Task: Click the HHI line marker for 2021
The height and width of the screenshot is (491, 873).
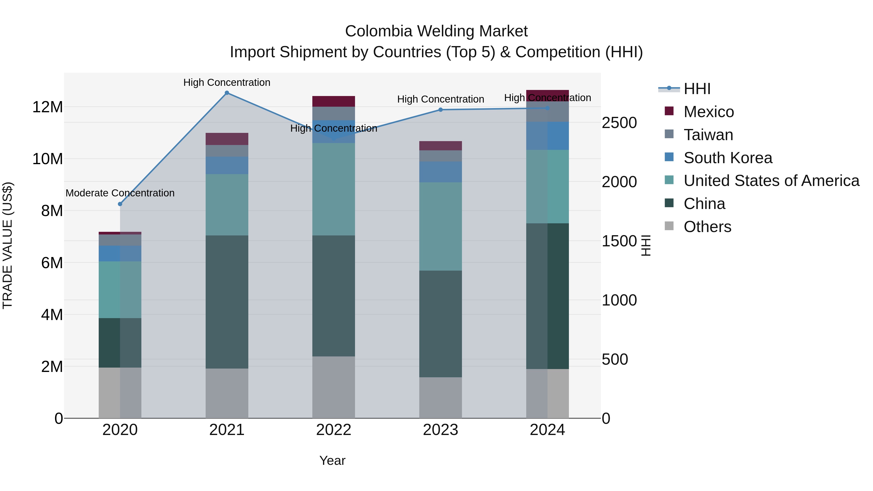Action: pyautogui.click(x=227, y=93)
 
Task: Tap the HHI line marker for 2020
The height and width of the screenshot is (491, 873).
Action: pyautogui.click(x=120, y=204)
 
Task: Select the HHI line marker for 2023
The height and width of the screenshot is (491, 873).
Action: pyautogui.click(x=441, y=110)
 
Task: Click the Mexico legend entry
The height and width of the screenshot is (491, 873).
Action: pyautogui.click(x=709, y=112)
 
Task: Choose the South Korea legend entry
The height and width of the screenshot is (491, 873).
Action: pyautogui.click(x=727, y=158)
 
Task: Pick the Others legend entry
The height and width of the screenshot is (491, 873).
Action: pyautogui.click(x=707, y=227)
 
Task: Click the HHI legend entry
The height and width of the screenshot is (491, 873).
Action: pyautogui.click(x=697, y=89)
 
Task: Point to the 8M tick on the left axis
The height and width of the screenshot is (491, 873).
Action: pyautogui.click(x=52, y=211)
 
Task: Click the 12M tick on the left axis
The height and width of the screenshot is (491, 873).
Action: pyautogui.click(x=48, y=107)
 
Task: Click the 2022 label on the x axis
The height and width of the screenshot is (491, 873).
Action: pyautogui.click(x=333, y=430)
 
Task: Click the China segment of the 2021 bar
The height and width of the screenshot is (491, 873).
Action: pyautogui.click(x=227, y=302)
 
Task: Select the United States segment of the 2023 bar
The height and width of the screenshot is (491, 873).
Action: pyautogui.click(x=441, y=226)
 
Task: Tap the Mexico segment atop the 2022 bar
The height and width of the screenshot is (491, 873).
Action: pyautogui.click(x=333, y=101)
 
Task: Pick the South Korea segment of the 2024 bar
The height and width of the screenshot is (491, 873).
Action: pyautogui.click(x=547, y=136)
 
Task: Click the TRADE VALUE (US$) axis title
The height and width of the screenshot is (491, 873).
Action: pyautogui.click(x=8, y=245)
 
